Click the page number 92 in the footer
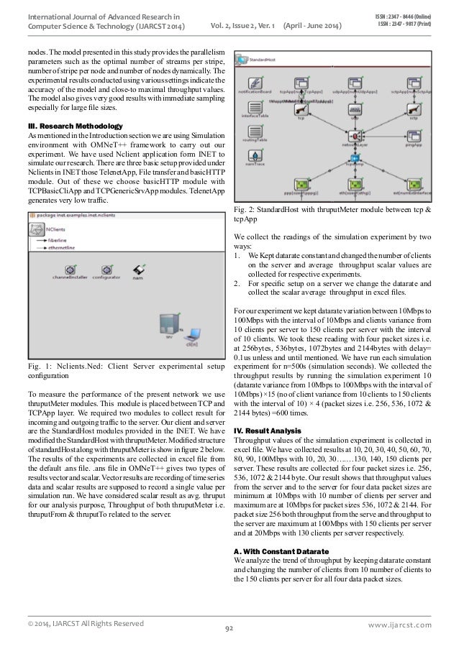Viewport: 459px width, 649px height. (x=229, y=629)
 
